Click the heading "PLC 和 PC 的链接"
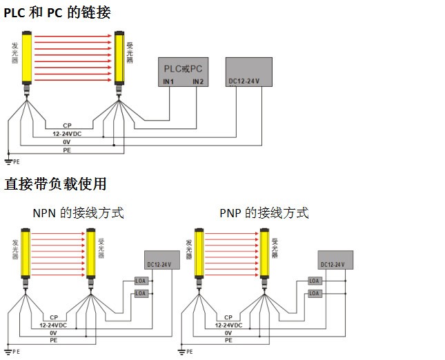[x=57, y=12]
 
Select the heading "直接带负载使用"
[x=56, y=184]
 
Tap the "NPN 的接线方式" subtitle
[x=78, y=213]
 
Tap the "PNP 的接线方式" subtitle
[x=264, y=213]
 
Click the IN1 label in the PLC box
[x=168, y=82]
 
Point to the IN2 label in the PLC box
[x=198, y=82]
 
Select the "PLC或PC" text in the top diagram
[x=182, y=69]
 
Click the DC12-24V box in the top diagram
[x=249, y=72]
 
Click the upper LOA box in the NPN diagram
[x=141, y=281]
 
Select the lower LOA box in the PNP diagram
[x=315, y=294]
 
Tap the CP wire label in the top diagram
[x=67, y=125]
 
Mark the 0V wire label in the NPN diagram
[x=53, y=332]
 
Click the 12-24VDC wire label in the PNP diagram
[x=228, y=324]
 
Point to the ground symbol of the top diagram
[x=8, y=161]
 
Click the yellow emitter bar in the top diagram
[x=26, y=60]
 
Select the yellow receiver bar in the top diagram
[x=119, y=60]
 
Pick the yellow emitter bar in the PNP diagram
[x=198, y=254]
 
